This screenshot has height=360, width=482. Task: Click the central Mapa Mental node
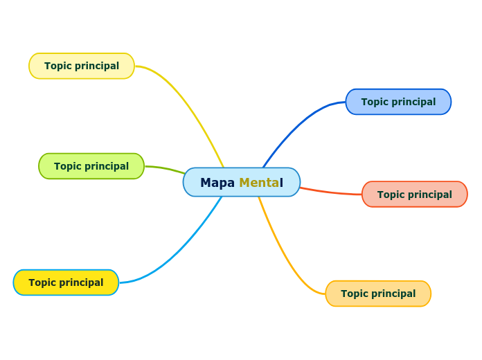241,182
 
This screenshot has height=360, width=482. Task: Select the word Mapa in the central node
217,183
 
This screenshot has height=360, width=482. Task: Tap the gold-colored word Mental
260,183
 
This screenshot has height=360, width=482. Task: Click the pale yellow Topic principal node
82,66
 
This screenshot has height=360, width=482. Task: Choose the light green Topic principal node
91,166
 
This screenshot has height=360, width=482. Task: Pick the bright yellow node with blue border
66,282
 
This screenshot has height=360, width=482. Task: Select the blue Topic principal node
398,102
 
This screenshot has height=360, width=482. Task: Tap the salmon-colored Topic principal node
414,195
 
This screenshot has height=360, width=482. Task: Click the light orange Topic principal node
378,294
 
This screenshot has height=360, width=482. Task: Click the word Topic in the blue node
375,102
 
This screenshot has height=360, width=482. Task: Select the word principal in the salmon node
429,195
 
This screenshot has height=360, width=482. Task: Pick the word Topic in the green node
68,166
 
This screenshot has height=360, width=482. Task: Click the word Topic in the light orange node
355,294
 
